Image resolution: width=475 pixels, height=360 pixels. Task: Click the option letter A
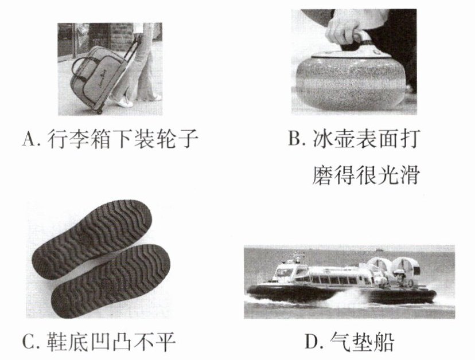pos(29,139)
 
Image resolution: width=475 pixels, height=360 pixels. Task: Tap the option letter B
pos(295,138)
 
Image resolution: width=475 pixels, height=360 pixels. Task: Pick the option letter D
pos(311,342)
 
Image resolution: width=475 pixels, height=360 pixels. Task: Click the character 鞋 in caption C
pos(57,342)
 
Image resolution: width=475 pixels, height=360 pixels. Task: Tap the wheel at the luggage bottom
pos(99,111)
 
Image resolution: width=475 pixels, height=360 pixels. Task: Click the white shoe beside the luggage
pos(125,103)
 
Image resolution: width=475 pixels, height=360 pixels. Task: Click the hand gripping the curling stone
pos(345,29)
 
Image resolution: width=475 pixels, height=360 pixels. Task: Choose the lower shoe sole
pos(111,281)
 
